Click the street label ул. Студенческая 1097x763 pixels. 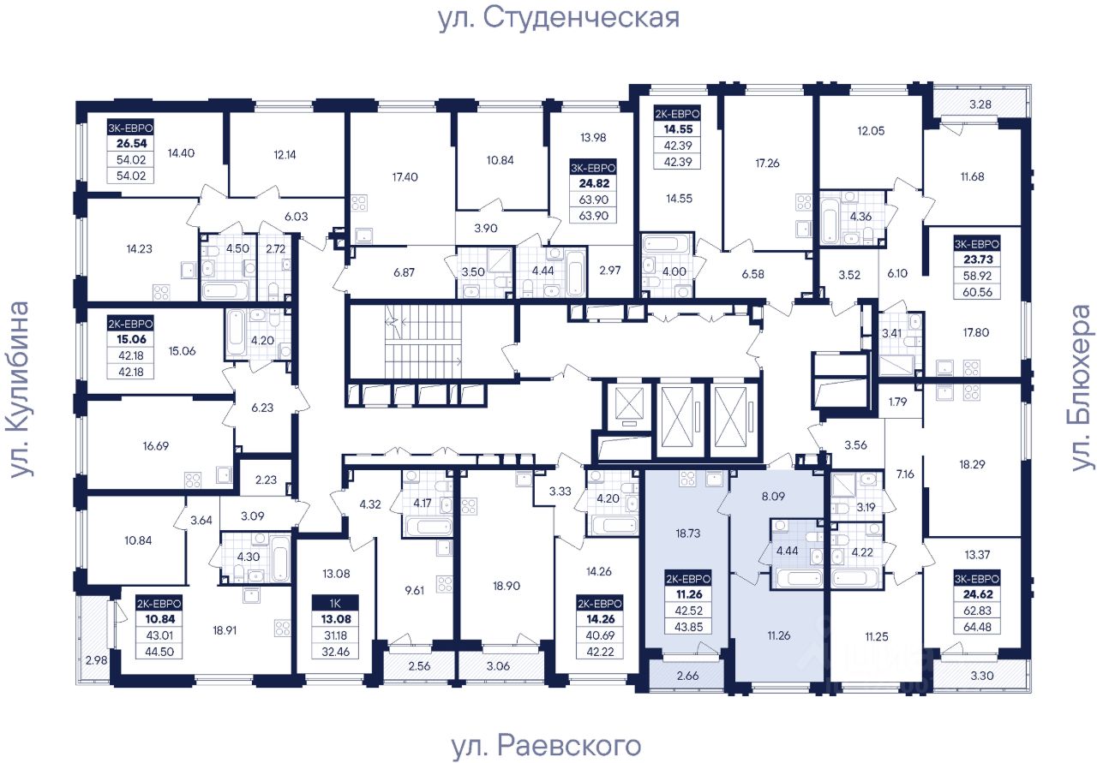click(558, 18)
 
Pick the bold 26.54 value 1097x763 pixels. click(129, 144)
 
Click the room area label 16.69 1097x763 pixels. click(159, 444)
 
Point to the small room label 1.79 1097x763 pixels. click(898, 401)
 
